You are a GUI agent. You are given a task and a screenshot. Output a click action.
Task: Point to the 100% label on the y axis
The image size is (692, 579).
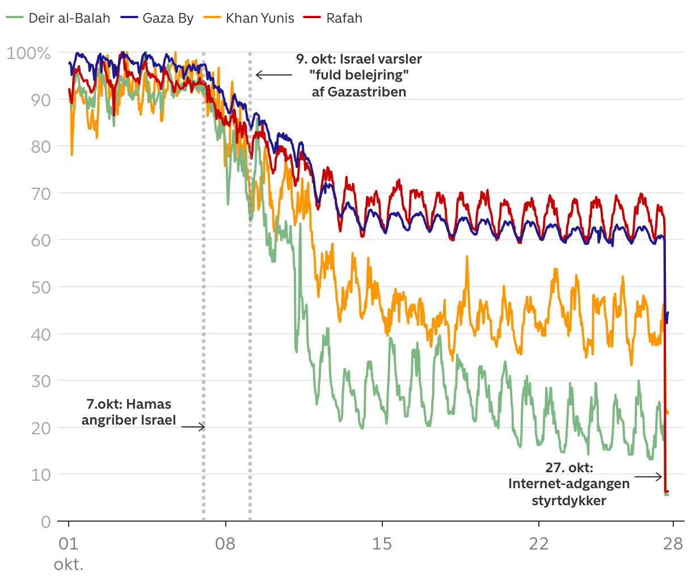pyautogui.click(x=28, y=53)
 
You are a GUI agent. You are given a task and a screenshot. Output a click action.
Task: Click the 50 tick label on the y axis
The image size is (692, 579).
pyautogui.click(x=41, y=287)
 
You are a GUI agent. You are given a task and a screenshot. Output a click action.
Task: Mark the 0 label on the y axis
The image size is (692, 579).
pyautogui.click(x=46, y=522)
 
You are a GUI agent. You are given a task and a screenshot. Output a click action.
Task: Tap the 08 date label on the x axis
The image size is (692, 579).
pyautogui.click(x=225, y=544)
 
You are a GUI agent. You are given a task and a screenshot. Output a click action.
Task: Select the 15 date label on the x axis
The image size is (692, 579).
pyautogui.click(x=382, y=544)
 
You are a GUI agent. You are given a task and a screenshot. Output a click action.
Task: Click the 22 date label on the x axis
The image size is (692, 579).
pyautogui.click(x=539, y=544)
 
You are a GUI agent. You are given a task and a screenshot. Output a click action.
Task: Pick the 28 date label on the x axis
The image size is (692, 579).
pyautogui.click(x=673, y=544)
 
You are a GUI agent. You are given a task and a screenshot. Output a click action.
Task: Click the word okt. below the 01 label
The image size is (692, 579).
pyautogui.click(x=69, y=565)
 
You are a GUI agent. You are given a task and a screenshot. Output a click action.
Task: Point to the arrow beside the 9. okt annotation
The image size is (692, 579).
pyautogui.click(x=273, y=75)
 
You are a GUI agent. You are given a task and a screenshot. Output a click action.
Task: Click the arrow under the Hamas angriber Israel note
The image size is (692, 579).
pyautogui.click(x=193, y=427)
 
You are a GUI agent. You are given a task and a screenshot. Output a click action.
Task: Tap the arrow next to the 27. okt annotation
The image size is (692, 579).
pyautogui.click(x=648, y=477)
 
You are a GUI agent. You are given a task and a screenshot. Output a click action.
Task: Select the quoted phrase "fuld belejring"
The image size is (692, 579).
pyautogui.click(x=359, y=75)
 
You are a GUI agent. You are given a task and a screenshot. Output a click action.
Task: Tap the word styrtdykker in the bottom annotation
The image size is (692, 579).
pyautogui.click(x=569, y=501)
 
